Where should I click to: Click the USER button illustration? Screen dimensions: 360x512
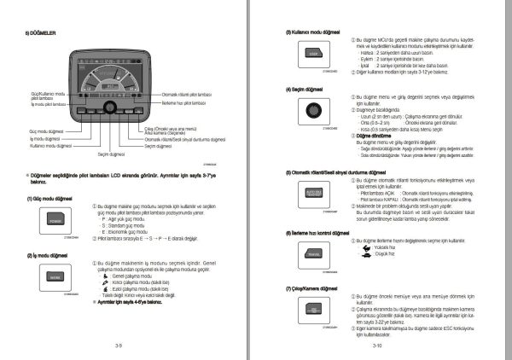313,51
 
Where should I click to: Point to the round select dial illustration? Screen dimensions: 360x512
313,112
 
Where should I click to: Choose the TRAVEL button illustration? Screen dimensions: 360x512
313,253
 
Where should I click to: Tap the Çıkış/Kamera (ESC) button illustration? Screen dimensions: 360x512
313,311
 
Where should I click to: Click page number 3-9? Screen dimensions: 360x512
119,345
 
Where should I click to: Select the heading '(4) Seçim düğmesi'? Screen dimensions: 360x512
311,88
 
